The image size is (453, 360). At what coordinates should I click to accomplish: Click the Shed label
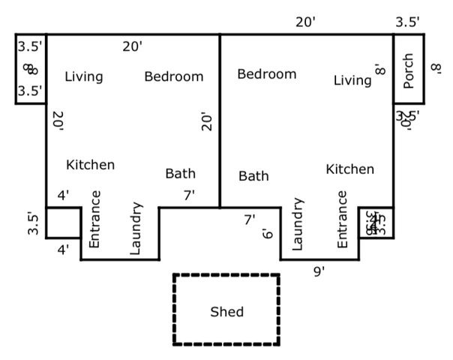click(226, 311)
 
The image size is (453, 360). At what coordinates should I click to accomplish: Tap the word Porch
click(409, 70)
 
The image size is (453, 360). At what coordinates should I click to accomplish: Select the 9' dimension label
click(319, 271)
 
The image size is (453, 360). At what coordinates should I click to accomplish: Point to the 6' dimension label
click(267, 234)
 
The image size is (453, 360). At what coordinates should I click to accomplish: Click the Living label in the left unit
click(83, 76)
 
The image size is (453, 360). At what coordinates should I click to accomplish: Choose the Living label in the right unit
click(352, 80)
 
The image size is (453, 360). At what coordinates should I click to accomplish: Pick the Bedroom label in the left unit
click(173, 76)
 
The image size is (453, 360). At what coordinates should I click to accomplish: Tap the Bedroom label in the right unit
click(266, 74)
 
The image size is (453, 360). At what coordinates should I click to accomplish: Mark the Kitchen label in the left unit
click(90, 164)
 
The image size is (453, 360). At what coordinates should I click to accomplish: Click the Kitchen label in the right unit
click(349, 169)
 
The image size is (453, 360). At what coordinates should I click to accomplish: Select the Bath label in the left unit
click(180, 174)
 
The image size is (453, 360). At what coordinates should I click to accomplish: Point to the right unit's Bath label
click(253, 176)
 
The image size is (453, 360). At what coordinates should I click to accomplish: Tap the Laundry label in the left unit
click(136, 228)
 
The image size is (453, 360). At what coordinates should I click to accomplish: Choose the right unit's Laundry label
click(297, 224)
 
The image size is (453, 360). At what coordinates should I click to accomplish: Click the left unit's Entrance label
click(94, 219)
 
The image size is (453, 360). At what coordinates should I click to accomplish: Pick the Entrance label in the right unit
click(342, 219)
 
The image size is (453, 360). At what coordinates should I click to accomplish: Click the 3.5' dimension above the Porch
click(407, 22)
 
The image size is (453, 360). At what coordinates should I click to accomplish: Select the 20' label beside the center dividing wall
click(208, 121)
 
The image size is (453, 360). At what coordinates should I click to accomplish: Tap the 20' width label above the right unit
click(305, 22)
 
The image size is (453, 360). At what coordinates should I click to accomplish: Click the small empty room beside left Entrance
click(64, 222)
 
